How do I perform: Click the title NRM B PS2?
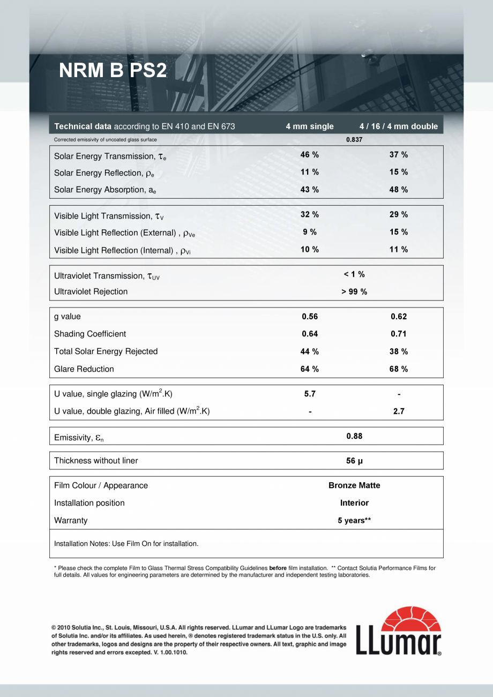click(x=113, y=70)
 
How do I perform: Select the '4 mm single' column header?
click(x=310, y=126)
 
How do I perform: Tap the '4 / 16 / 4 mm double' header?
click(x=399, y=126)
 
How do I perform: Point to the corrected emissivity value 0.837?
click(x=354, y=139)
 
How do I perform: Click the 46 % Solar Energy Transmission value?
click(x=310, y=155)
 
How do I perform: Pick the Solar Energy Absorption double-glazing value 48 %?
click(x=399, y=190)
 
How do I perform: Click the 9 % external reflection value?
click(x=310, y=232)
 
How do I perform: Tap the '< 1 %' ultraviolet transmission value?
click(x=354, y=274)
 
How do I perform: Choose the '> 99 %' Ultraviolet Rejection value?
click(x=354, y=292)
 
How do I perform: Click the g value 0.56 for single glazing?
click(x=310, y=317)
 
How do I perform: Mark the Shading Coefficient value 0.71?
click(x=399, y=334)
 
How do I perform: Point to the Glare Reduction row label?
click(x=84, y=369)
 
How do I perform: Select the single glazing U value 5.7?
click(x=310, y=394)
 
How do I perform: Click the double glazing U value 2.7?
click(x=399, y=411)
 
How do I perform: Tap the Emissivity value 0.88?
click(x=354, y=436)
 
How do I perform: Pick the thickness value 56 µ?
click(x=354, y=461)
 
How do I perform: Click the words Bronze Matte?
click(x=354, y=485)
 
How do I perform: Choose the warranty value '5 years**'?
click(x=354, y=521)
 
